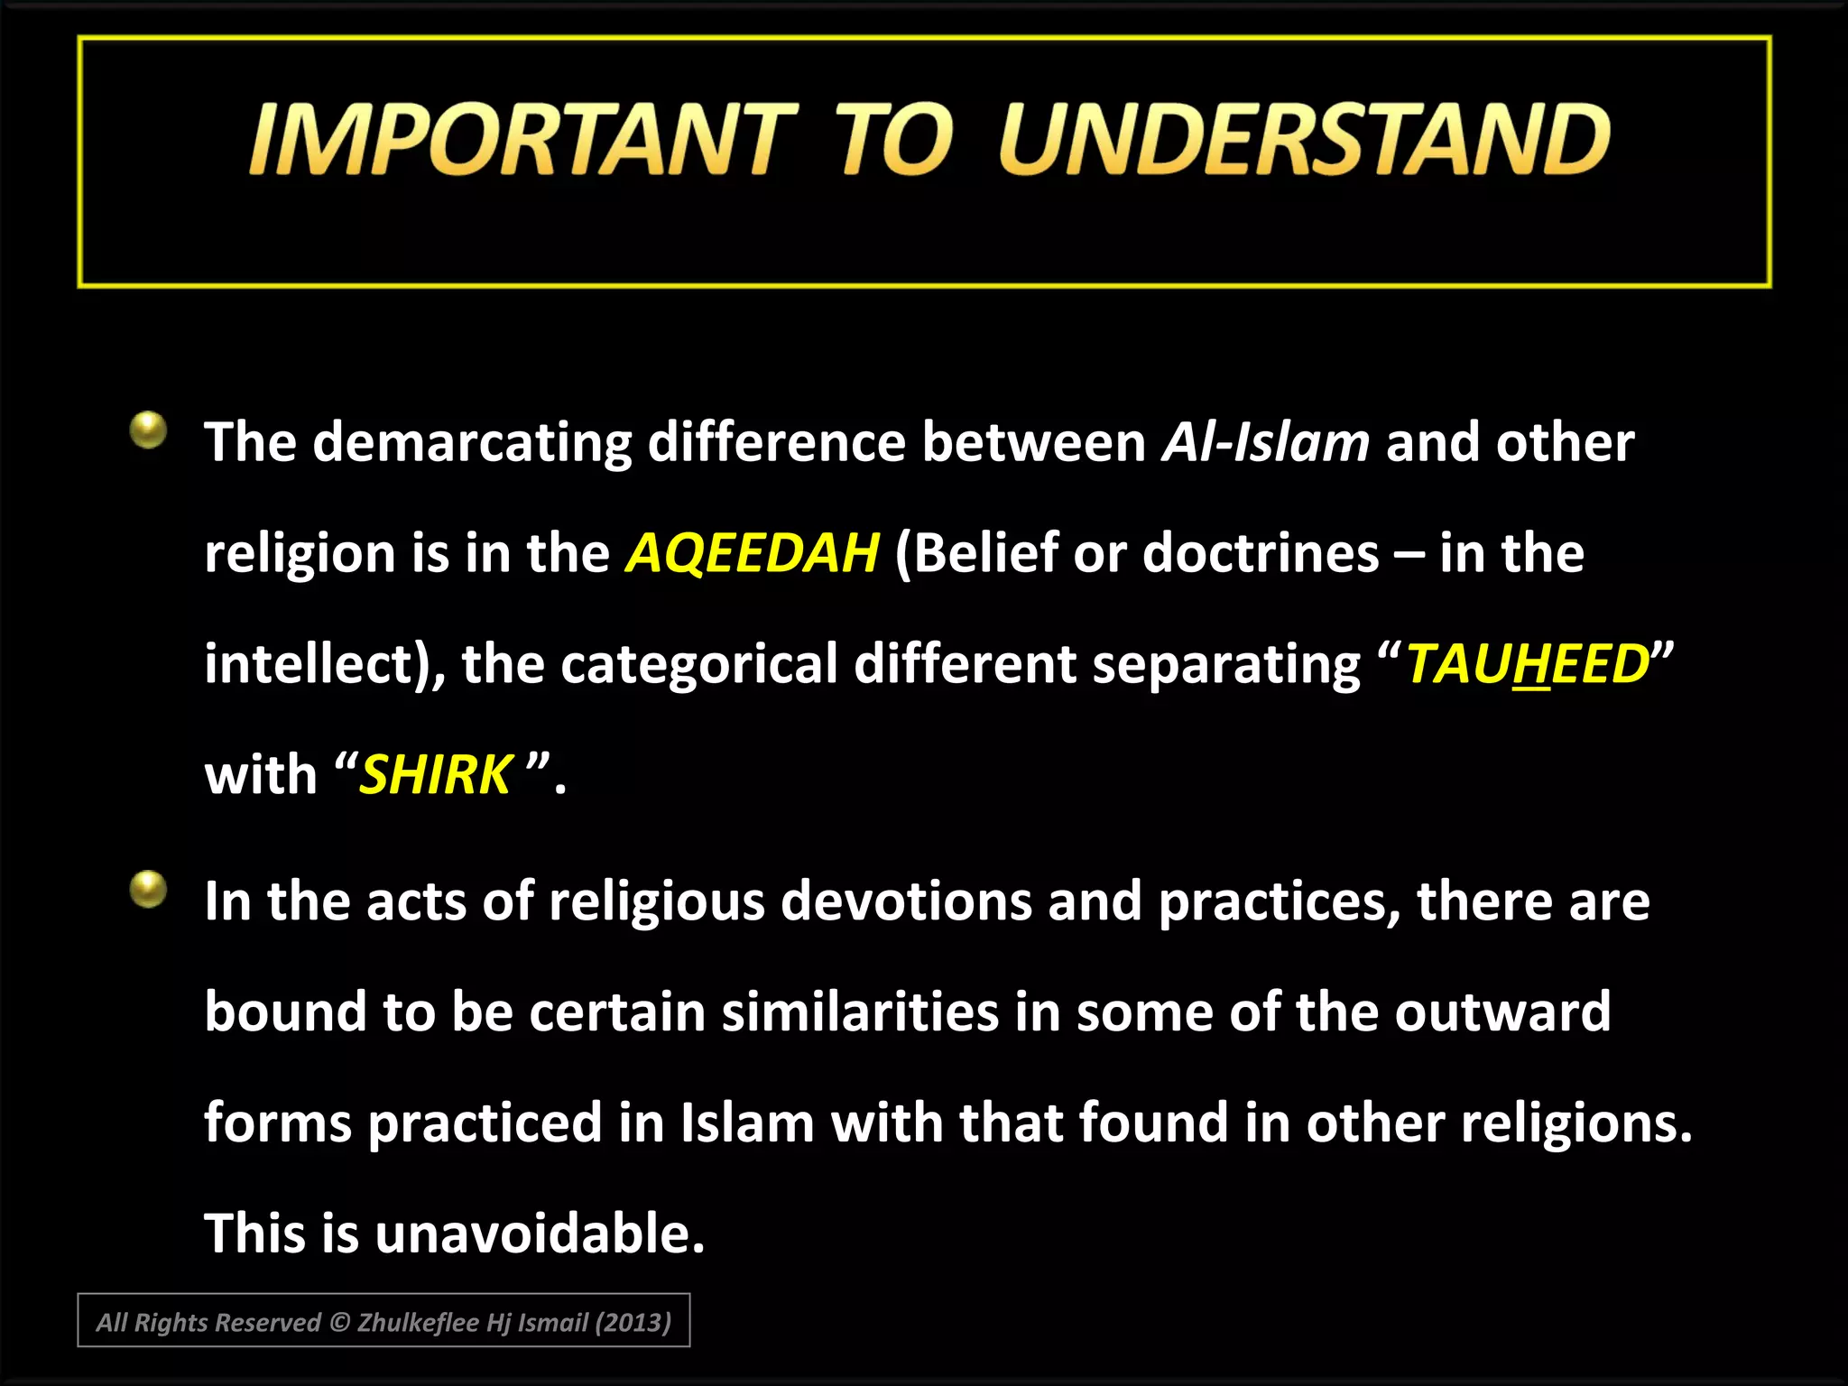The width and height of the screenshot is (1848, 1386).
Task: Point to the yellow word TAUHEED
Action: (x=1528, y=664)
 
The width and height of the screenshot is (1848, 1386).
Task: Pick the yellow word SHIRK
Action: (x=436, y=775)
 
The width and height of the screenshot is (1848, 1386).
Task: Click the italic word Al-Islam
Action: (x=1265, y=442)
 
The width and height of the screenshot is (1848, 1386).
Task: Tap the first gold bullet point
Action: (x=149, y=430)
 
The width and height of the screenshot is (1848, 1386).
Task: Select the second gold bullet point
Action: (x=149, y=889)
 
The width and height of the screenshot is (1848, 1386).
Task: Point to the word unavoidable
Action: (x=539, y=1234)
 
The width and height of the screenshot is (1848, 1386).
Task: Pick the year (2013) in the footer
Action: (x=634, y=1323)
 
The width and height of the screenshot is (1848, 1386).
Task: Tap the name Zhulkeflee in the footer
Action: (x=418, y=1323)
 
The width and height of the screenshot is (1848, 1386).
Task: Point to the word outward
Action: (x=1502, y=1012)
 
